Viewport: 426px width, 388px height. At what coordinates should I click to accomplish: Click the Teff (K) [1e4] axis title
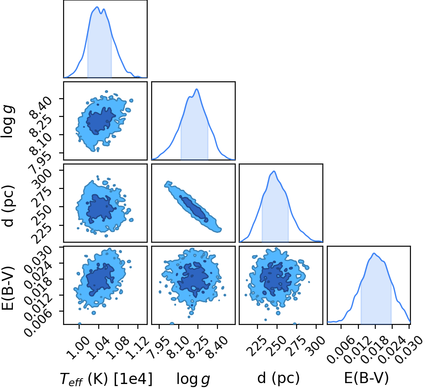point(106,379)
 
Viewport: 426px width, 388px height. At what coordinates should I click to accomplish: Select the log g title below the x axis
point(193,379)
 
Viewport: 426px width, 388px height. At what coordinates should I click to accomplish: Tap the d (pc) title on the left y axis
point(8,206)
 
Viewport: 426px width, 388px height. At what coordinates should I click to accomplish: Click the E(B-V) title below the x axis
point(366,378)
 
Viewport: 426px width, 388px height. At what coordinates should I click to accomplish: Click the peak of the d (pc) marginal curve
point(274,171)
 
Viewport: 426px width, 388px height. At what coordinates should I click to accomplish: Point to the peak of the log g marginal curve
point(197,89)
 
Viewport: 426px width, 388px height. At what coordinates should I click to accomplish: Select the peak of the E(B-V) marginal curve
point(374,253)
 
